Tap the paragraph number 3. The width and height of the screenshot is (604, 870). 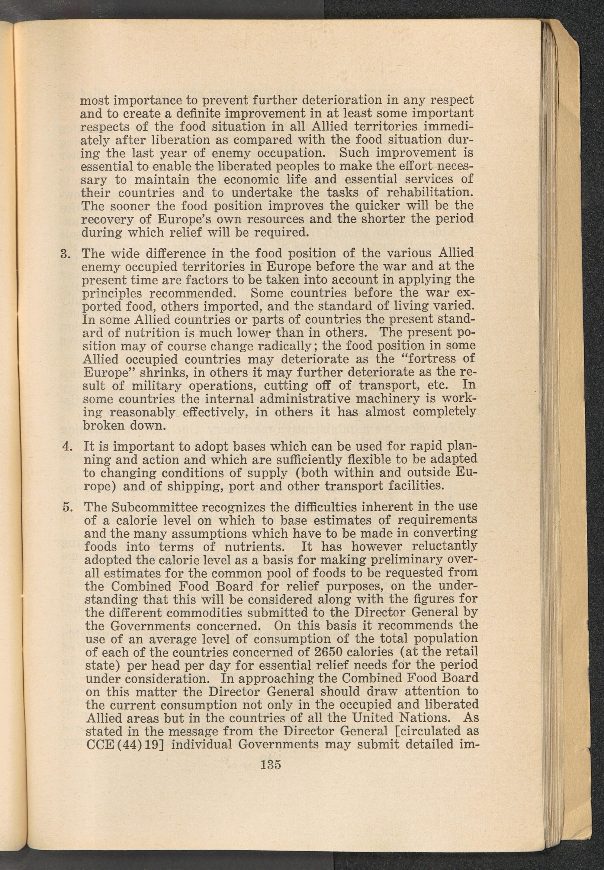[64, 253]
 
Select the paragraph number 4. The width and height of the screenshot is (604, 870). [66, 446]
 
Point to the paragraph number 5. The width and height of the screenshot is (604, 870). [66, 506]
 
